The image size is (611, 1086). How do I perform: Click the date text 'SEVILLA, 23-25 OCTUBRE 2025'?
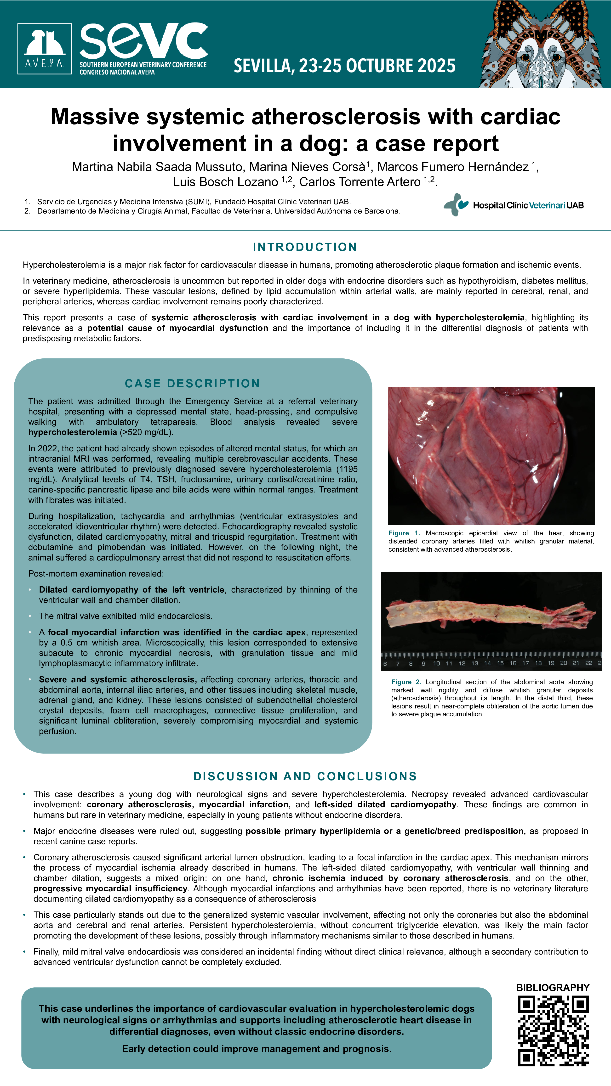pyautogui.click(x=344, y=66)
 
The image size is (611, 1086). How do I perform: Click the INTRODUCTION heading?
pyautogui.click(x=305, y=247)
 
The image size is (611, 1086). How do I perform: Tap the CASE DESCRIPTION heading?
pyautogui.click(x=192, y=383)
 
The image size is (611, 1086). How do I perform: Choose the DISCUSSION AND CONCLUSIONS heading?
pyautogui.click(x=305, y=776)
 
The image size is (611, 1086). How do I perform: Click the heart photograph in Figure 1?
pyautogui.click(x=491, y=455)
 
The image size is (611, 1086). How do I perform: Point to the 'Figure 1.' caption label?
pyautogui.click(x=404, y=533)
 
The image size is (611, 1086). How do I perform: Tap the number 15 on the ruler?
pyautogui.click(x=500, y=663)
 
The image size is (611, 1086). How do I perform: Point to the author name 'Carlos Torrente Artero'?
pyautogui.click(x=360, y=182)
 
